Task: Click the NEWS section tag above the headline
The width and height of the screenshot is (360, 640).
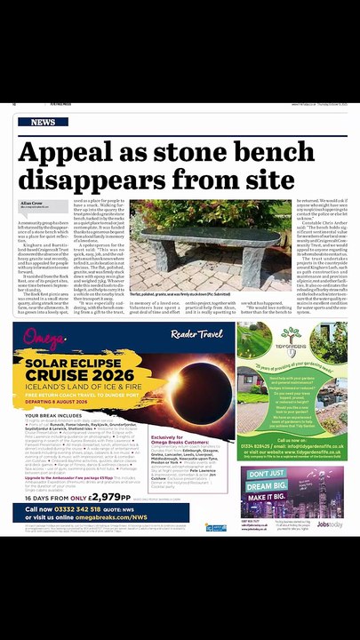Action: coord(43,122)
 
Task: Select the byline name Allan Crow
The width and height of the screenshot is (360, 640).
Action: coord(32,203)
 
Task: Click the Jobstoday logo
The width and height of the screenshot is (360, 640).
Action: coord(332,525)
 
